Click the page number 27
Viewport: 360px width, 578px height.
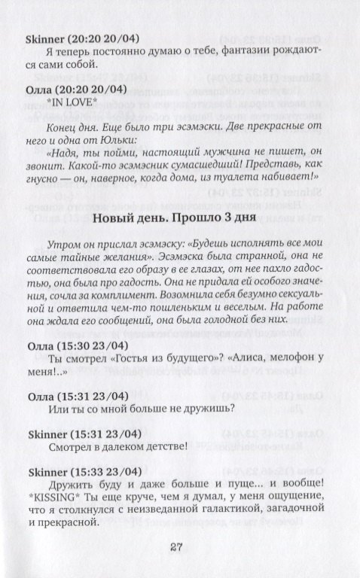(x=181, y=547)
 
